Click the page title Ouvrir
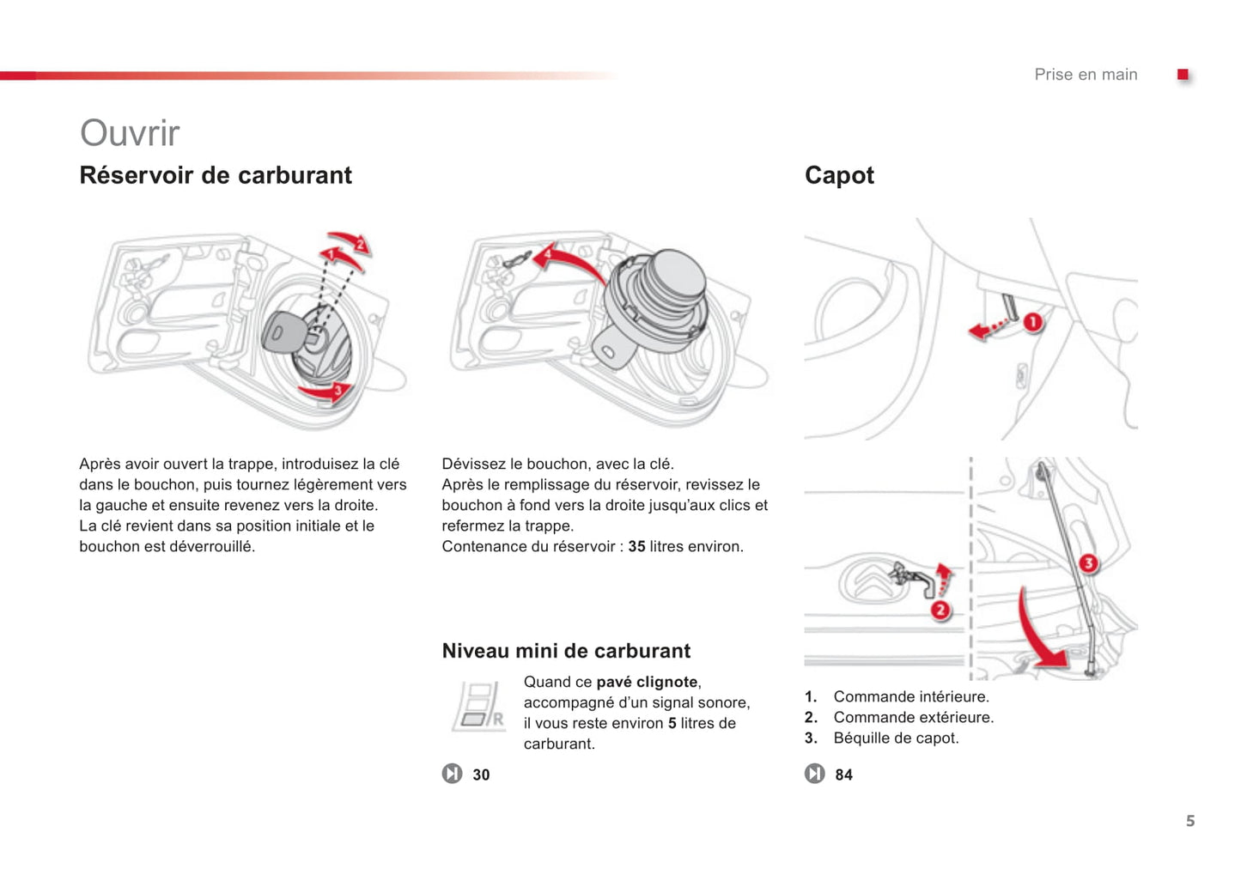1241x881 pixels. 130,133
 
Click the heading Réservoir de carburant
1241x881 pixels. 216,175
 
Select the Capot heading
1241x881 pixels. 839,175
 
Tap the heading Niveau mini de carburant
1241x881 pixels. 566,651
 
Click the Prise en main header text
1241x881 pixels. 1086,75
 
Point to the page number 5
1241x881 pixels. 1190,821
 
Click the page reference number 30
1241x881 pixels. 481,775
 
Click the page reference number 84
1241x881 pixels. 843,775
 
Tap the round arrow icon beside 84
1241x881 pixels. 814,774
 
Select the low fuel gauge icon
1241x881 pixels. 478,707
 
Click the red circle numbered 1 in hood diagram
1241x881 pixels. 1032,322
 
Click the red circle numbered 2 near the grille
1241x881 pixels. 940,610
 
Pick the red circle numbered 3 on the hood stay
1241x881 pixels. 1088,563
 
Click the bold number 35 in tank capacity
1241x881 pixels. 636,546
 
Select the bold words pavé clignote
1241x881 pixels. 647,682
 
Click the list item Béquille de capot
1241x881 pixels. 896,738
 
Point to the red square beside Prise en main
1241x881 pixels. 1183,75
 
